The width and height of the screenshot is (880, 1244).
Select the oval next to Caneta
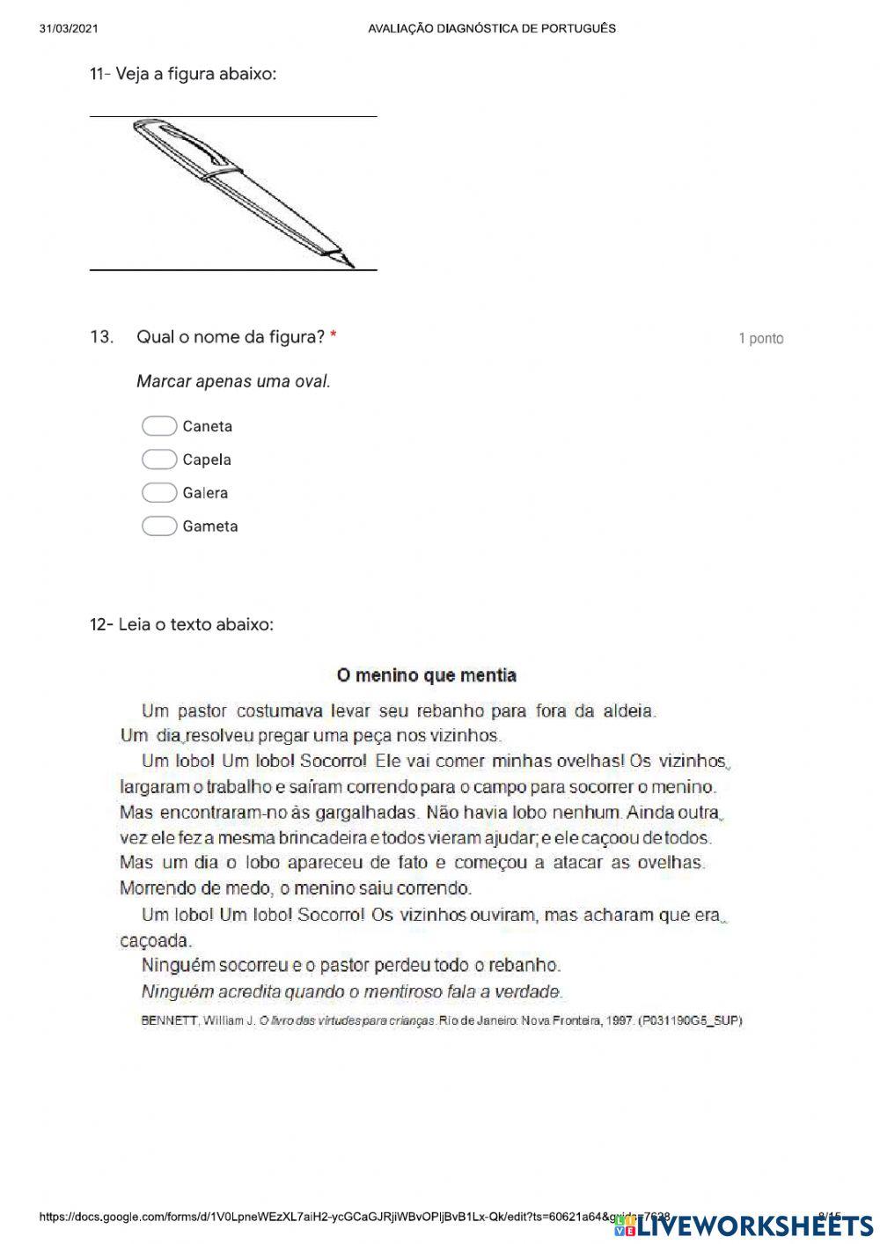coord(159,426)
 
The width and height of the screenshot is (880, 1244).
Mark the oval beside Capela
coord(159,460)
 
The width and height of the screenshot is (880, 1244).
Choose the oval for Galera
coord(159,493)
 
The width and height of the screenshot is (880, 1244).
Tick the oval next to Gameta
coord(159,526)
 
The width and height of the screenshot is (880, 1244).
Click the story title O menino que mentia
coord(427,675)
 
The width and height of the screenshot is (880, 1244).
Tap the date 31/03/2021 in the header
coord(69,28)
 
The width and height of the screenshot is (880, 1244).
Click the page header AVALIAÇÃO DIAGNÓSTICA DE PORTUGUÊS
coord(492,28)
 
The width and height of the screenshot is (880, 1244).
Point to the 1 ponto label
coord(760,338)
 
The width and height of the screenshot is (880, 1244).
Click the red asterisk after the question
coord(334,336)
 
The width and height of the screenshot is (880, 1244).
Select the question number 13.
coord(101,336)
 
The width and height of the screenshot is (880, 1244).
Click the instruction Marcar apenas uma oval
coord(233,381)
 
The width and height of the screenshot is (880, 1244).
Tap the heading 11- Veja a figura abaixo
coord(183,74)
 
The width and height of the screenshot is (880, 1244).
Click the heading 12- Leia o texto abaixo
coord(181,624)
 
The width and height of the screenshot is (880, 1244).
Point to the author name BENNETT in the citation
coord(169,1020)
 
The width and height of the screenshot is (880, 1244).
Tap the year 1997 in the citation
coord(619,1020)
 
